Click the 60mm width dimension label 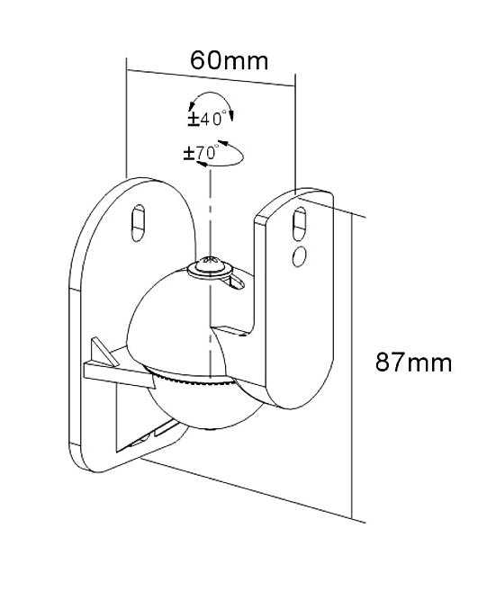coord(229,60)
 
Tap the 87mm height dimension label coord(413,362)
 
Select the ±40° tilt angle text coord(205,118)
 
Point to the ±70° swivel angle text coord(200,154)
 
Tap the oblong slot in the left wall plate coord(139,223)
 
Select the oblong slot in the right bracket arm coord(300,224)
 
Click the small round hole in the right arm coord(299,256)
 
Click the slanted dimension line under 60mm coord(211,78)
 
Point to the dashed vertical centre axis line coord(210,268)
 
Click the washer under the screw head coord(210,271)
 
